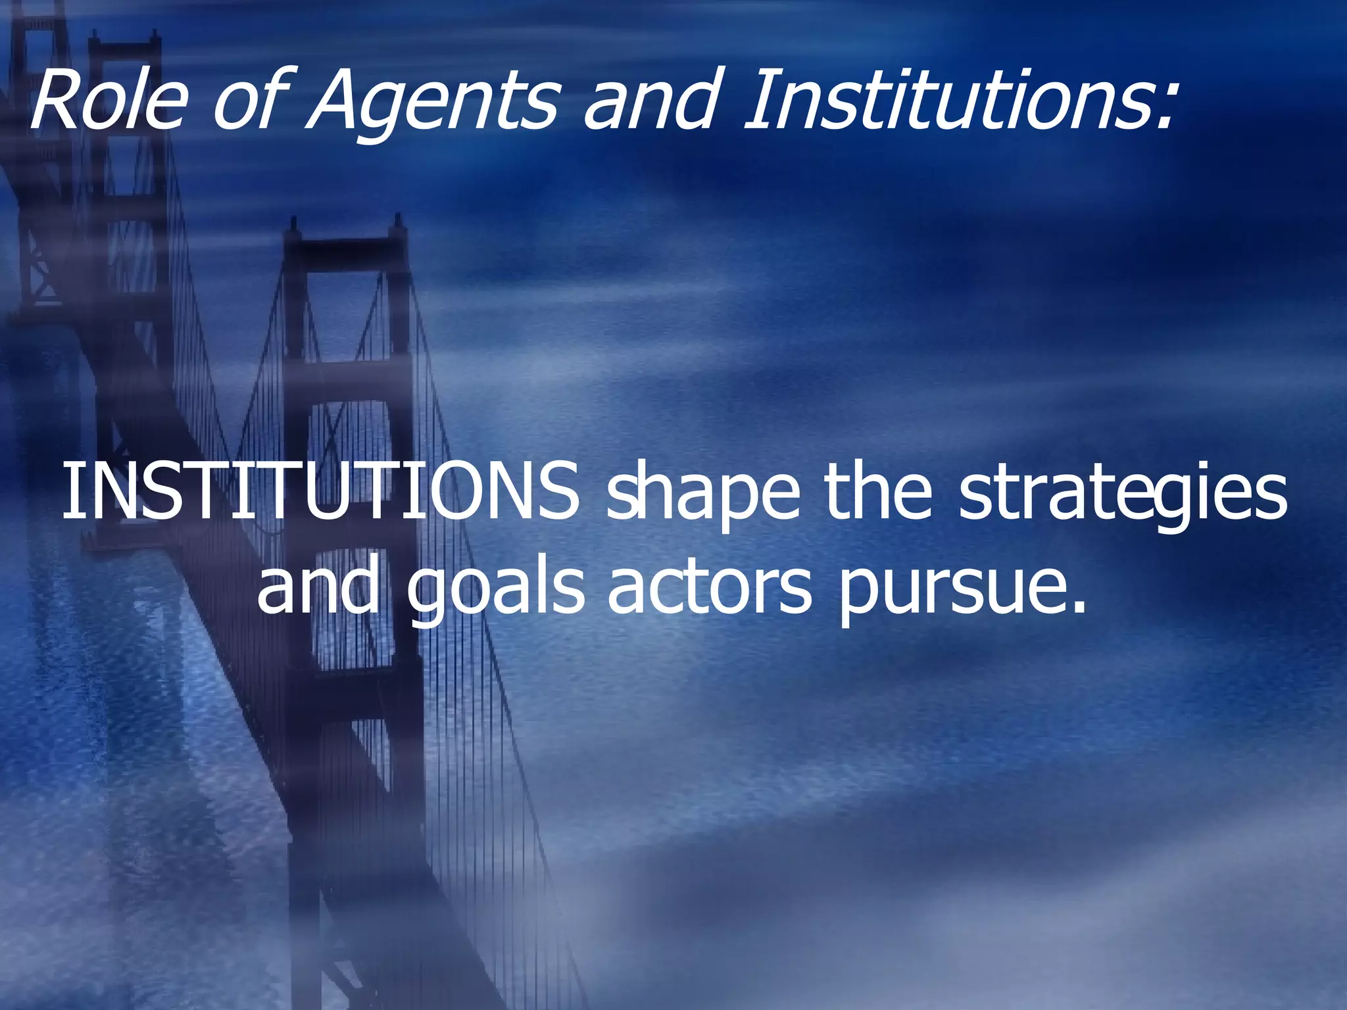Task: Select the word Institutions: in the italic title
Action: tap(957, 101)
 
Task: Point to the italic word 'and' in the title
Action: tap(648, 101)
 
